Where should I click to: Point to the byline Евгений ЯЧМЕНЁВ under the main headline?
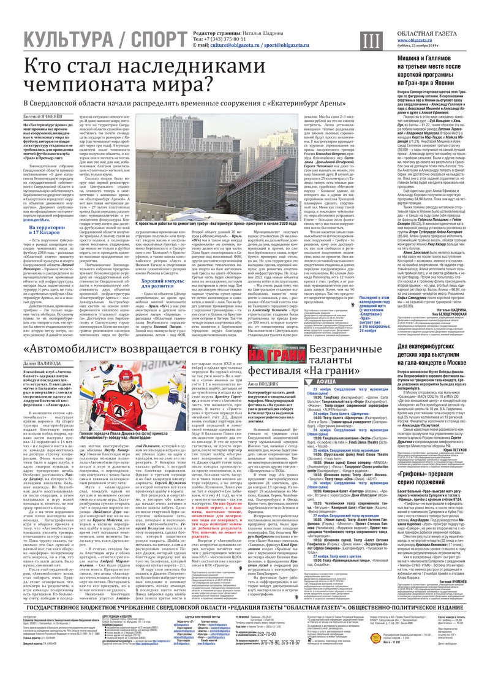click(x=44, y=116)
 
